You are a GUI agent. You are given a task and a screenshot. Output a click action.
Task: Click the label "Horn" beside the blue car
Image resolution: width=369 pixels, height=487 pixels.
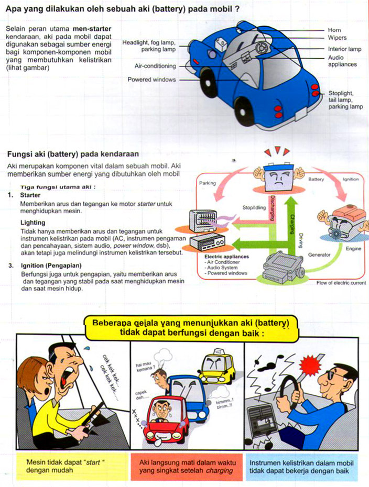tap(334, 30)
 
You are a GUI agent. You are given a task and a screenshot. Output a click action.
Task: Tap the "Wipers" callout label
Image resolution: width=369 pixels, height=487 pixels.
tap(337, 38)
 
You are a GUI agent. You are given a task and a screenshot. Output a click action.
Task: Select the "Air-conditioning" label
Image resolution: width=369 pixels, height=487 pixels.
tap(155, 67)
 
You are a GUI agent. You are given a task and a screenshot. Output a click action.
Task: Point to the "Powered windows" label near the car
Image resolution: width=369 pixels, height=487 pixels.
tap(151, 80)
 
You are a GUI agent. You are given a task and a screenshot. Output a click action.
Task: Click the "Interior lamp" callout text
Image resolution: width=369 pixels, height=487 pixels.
tap(345, 49)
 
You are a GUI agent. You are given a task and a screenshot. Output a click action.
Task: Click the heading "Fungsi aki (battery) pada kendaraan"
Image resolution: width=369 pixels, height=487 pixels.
tap(72, 154)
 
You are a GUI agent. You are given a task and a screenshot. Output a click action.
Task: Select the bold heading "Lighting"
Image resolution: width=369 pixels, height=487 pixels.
tap(32, 223)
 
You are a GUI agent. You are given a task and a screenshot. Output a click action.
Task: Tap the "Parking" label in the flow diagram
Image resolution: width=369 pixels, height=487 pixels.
tap(208, 183)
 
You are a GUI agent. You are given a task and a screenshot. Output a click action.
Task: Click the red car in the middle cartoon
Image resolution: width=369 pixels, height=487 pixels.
tap(166, 418)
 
